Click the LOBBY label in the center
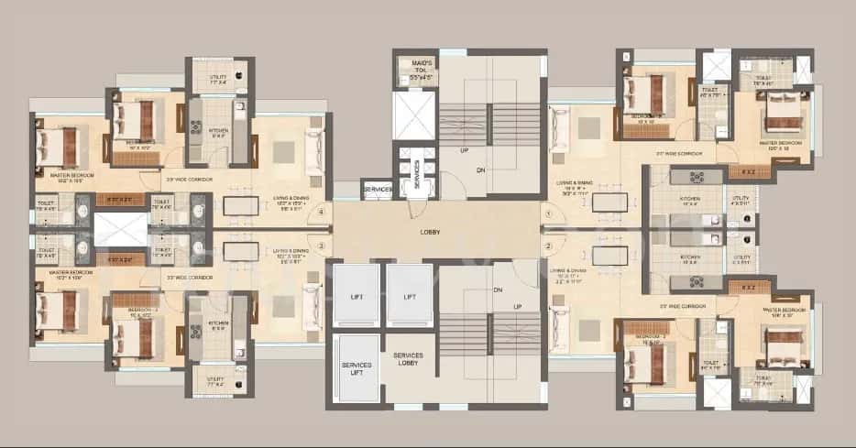(431, 233)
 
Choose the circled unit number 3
(322, 246)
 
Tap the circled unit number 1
(548, 213)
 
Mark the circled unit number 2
(548, 246)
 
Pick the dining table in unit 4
(240, 205)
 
